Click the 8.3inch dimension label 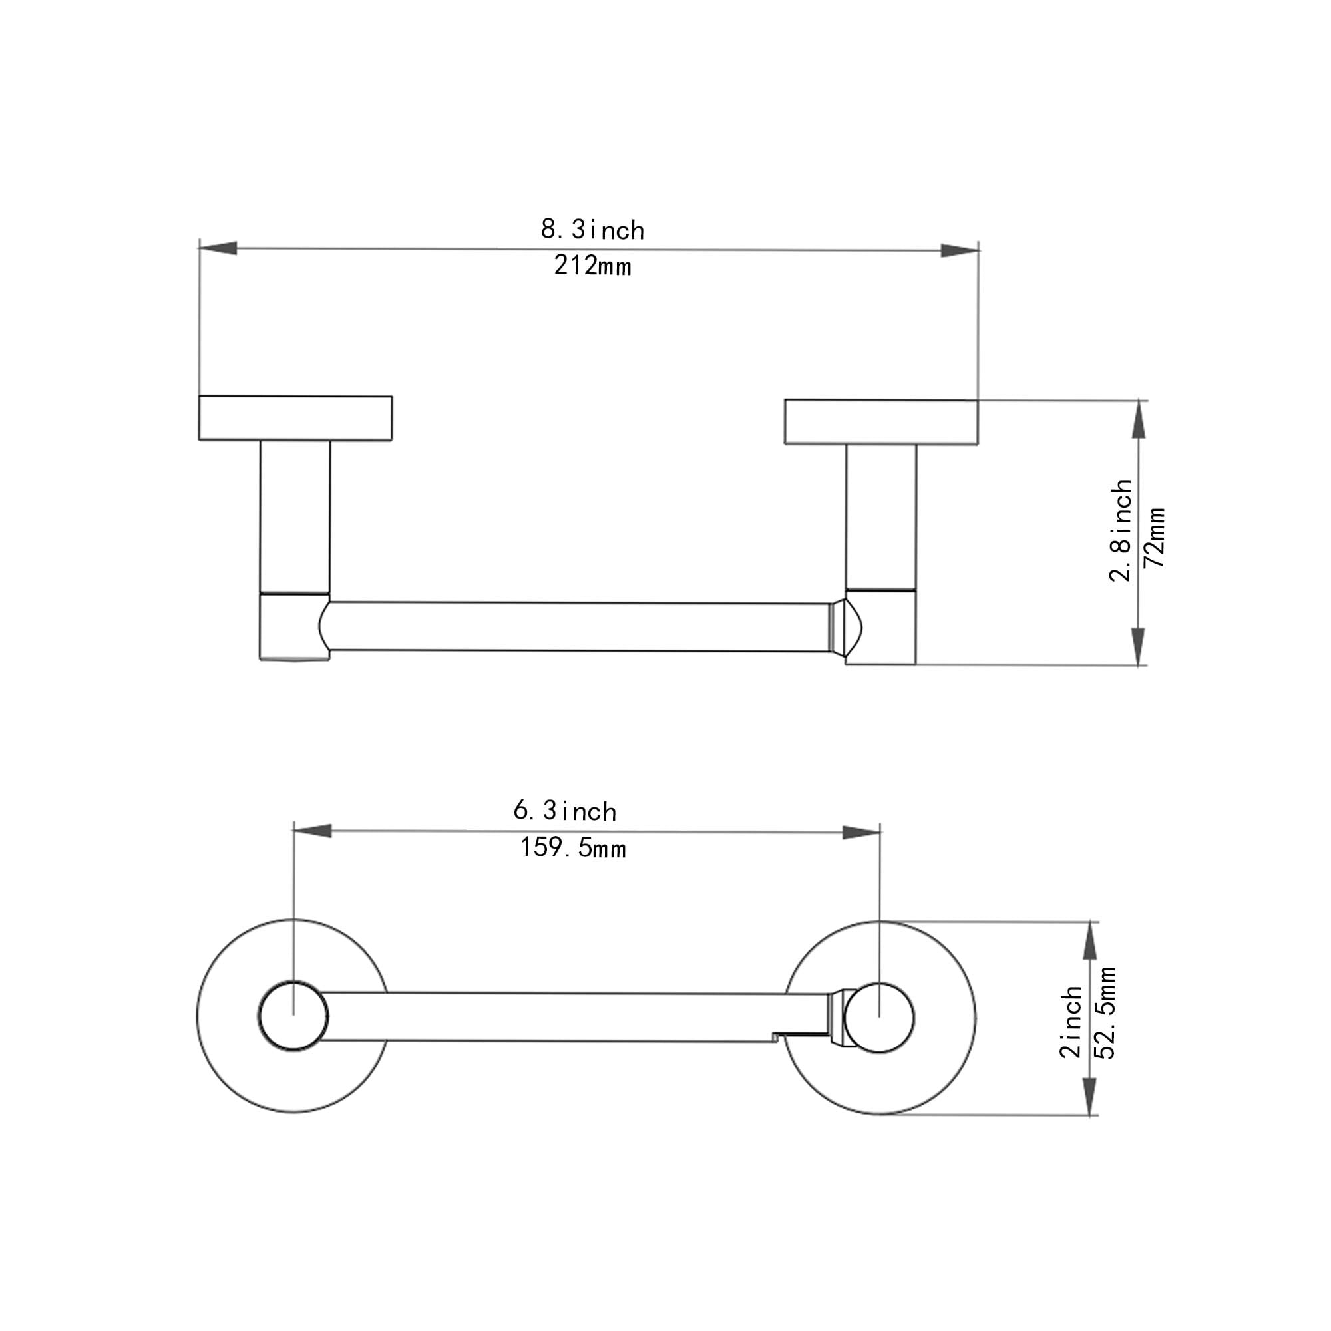(592, 230)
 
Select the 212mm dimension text (592, 266)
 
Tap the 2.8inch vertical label (1121, 530)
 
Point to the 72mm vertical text (1155, 537)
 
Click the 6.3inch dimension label (565, 811)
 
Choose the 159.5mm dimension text (573, 847)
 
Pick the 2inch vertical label (1071, 1022)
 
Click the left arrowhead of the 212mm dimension (218, 248)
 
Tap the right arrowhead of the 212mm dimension (960, 250)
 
